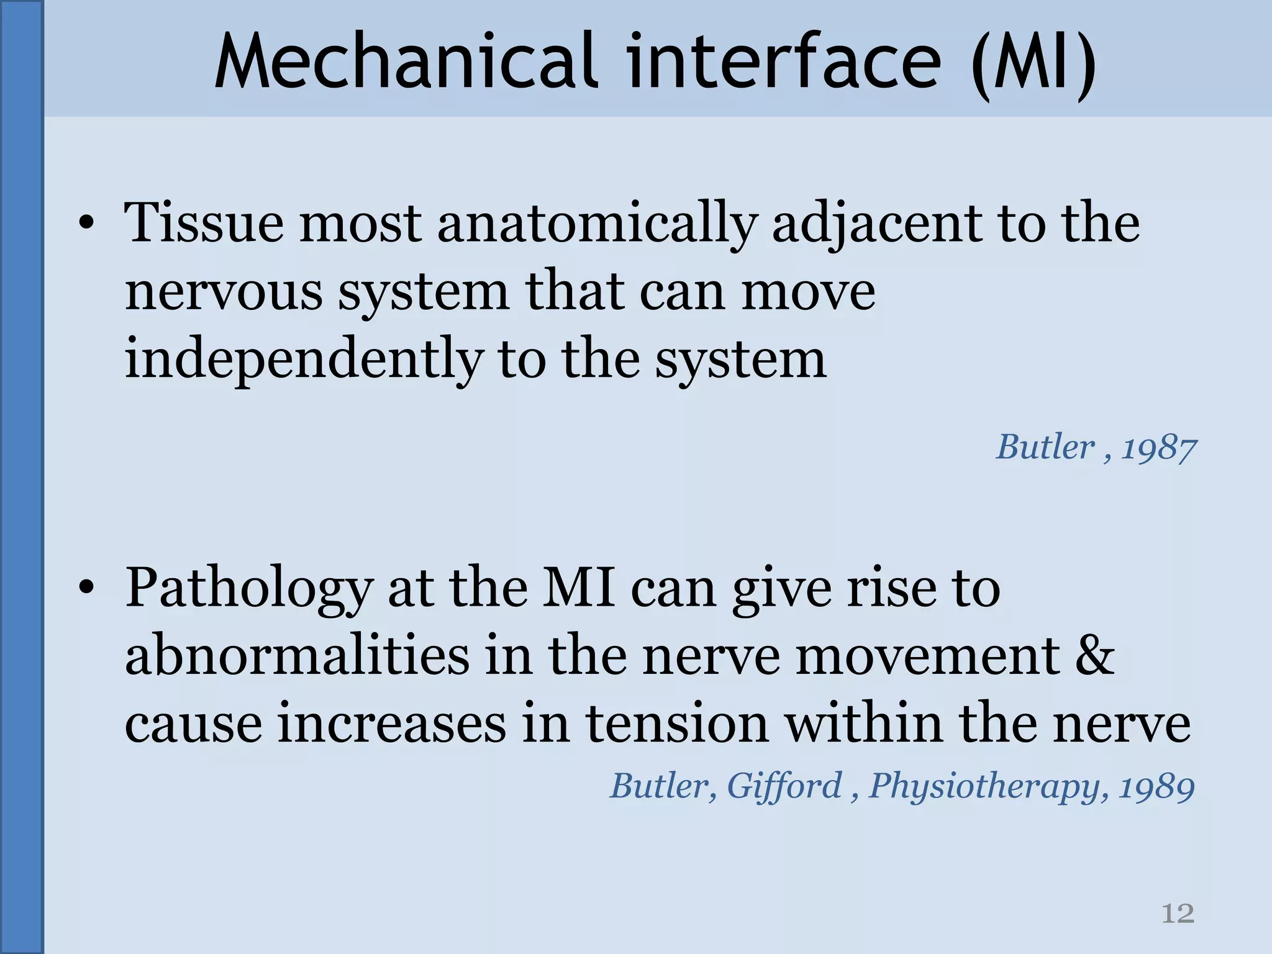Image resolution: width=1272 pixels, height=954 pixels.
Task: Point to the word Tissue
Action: [204, 223]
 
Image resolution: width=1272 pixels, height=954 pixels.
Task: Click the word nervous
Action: [224, 292]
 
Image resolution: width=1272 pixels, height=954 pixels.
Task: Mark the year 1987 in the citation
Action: [1159, 448]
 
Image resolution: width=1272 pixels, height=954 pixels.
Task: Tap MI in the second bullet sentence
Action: [579, 588]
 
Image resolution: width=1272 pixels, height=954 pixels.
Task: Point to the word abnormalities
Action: [297, 656]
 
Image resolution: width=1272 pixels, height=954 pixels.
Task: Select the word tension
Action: [678, 724]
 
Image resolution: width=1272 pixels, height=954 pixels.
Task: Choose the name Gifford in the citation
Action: [784, 786]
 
